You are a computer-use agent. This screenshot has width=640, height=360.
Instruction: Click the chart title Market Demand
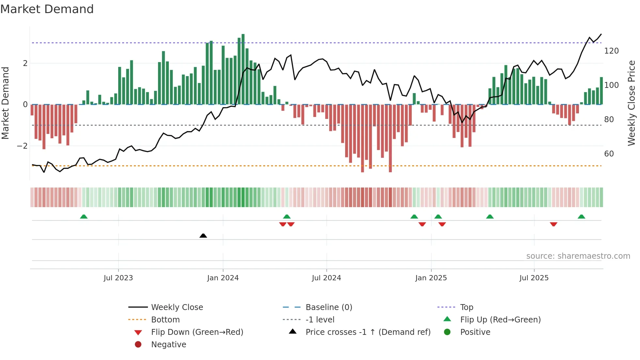[x=47, y=9]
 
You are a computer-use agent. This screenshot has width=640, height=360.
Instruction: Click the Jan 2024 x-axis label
[x=223, y=278]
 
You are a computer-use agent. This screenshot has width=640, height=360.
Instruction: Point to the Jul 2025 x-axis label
[x=534, y=278]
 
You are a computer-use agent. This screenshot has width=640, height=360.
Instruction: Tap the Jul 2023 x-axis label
[x=118, y=278]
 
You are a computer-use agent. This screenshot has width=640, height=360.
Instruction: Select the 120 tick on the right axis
[x=611, y=51]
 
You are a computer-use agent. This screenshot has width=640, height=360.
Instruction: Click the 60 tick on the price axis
[x=609, y=154]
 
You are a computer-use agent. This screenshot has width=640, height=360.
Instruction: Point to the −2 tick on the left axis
[x=22, y=146]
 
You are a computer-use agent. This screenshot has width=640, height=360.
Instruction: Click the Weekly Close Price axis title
[x=632, y=103]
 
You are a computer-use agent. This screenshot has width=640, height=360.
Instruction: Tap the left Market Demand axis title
[x=6, y=103]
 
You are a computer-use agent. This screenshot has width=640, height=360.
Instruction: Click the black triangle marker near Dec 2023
[x=203, y=236]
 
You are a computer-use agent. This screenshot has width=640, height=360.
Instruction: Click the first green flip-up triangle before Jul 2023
[x=84, y=217]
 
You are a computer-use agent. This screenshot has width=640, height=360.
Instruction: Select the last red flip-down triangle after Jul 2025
[x=553, y=224]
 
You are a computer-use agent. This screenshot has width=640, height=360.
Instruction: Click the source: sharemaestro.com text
[x=578, y=256]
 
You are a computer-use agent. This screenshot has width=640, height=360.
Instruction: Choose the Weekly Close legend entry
[x=177, y=307]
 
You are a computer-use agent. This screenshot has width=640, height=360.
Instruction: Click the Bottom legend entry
[x=165, y=320]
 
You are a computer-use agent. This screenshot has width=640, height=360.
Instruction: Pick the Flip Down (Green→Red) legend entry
[x=197, y=332]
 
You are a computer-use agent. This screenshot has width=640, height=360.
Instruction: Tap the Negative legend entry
[x=168, y=345]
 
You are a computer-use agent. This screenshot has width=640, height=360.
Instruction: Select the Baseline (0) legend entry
[x=328, y=307]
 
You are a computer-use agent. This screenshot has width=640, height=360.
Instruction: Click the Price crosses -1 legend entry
[x=368, y=332]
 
